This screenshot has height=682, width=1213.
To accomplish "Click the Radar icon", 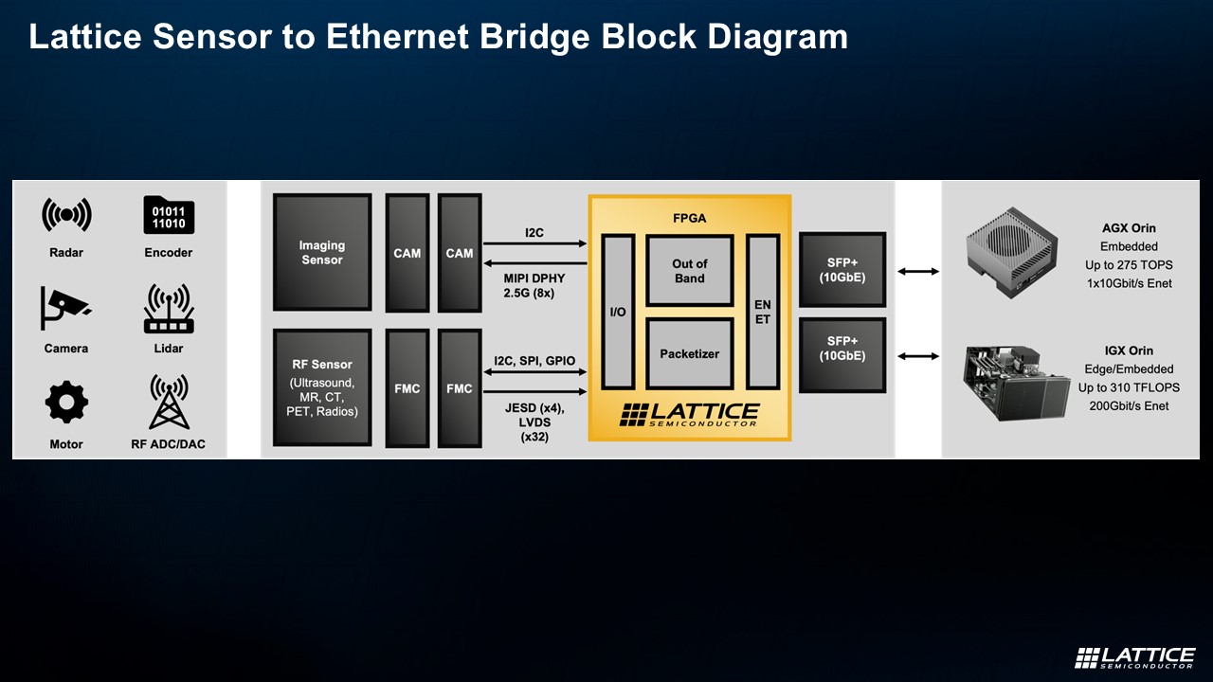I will click(66, 216).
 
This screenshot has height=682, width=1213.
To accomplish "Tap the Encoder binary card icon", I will click(169, 216).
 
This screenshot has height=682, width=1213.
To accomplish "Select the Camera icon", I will click(65, 306).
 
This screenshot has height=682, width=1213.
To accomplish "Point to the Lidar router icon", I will click(169, 309).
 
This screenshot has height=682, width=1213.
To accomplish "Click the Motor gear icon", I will click(66, 403).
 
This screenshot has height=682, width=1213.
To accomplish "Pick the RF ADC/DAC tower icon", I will click(169, 402).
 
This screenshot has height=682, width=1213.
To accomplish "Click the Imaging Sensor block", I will click(322, 253).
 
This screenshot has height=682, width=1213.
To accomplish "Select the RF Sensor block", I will click(322, 387).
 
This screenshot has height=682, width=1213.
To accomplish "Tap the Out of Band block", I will click(689, 271).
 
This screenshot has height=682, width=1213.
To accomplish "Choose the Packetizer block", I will click(689, 353).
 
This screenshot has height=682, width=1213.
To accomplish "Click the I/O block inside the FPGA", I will click(617, 312).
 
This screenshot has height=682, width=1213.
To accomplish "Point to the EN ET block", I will click(762, 312).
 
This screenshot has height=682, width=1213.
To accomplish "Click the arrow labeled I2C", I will click(534, 243).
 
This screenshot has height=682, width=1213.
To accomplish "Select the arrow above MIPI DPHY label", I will click(534, 264).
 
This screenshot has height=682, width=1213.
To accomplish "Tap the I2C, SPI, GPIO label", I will click(534, 361).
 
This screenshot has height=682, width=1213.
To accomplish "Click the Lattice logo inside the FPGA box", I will click(689, 415).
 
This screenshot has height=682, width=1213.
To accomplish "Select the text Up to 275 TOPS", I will click(1129, 265).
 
